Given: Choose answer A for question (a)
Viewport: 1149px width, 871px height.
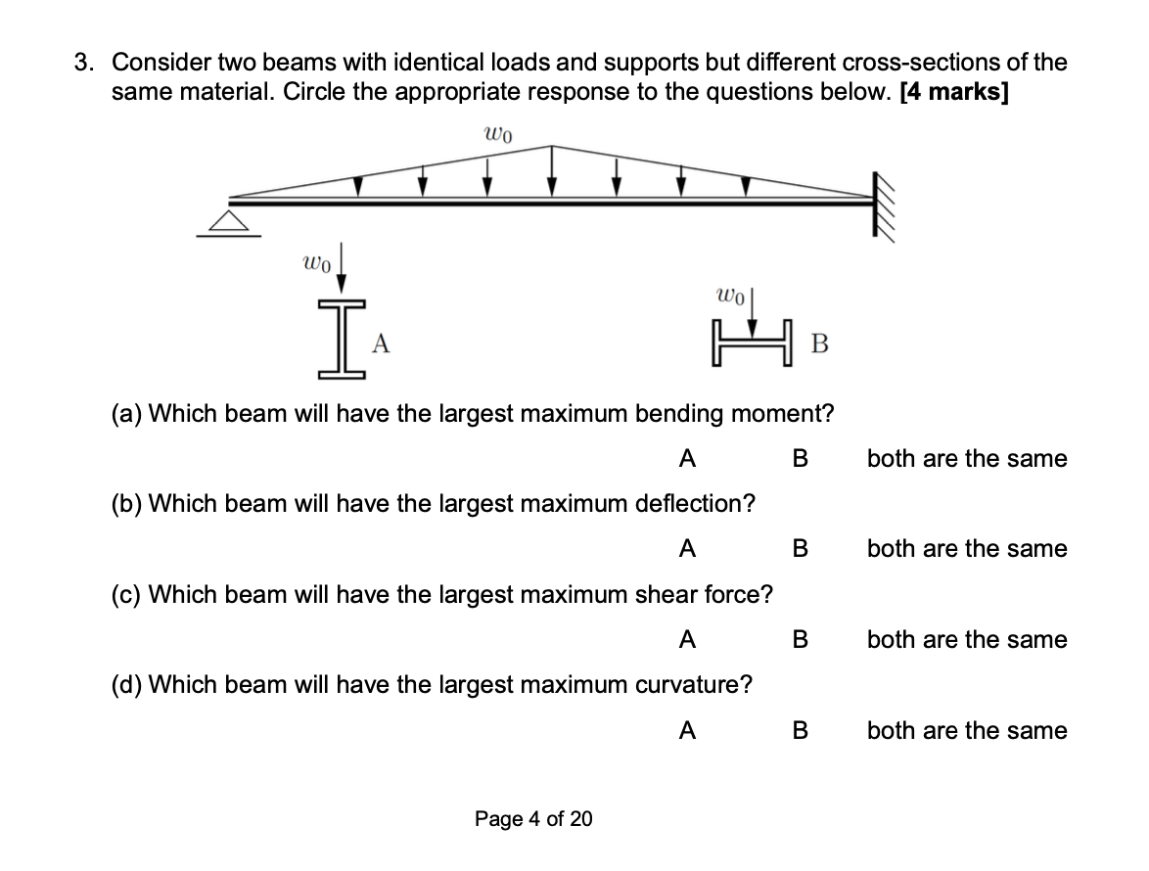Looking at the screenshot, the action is (x=687, y=458).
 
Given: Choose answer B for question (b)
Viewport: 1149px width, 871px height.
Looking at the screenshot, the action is (x=800, y=549).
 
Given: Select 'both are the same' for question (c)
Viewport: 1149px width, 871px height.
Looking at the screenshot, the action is (x=967, y=640).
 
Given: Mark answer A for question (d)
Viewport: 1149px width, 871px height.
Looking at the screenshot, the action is (x=687, y=730).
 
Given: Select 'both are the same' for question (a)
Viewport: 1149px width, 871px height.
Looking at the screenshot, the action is (x=967, y=458).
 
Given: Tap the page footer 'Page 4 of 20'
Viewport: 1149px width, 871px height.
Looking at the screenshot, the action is (x=533, y=818).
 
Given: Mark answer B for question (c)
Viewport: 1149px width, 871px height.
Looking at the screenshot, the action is (x=800, y=640).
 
